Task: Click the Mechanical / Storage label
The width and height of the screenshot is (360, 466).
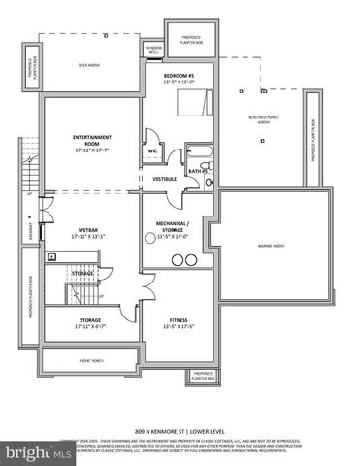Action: [179, 228]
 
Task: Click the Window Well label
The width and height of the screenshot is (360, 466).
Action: [153, 49]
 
